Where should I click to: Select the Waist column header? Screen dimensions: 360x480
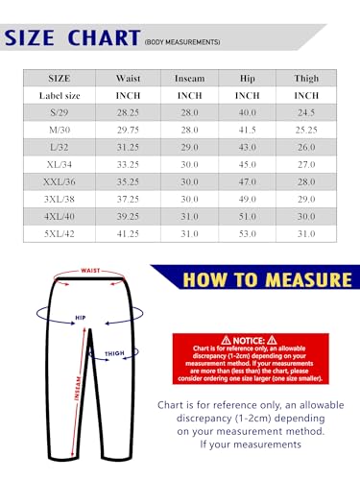pyautogui.click(x=129, y=79)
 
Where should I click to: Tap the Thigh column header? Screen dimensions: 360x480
pyautogui.click(x=306, y=79)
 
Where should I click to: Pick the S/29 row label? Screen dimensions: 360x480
pyautogui.click(x=60, y=112)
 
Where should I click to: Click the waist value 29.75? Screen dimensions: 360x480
pyautogui.click(x=129, y=130)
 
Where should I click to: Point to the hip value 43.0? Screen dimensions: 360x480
pyautogui.click(x=248, y=147)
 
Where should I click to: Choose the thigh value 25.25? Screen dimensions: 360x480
pyautogui.click(x=306, y=130)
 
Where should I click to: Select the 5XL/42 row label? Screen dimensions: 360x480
pyautogui.click(x=60, y=233)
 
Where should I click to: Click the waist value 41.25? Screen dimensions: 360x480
pyautogui.click(x=129, y=233)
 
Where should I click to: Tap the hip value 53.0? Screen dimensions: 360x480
pyautogui.click(x=248, y=233)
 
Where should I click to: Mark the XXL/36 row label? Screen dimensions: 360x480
pyautogui.click(x=60, y=181)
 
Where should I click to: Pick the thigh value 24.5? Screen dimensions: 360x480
pyautogui.click(x=306, y=112)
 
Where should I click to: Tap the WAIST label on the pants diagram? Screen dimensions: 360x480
pyautogui.click(x=91, y=271)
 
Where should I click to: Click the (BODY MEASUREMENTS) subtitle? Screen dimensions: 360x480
pyautogui.click(x=182, y=42)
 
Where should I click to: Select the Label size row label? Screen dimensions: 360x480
pyautogui.click(x=60, y=96)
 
